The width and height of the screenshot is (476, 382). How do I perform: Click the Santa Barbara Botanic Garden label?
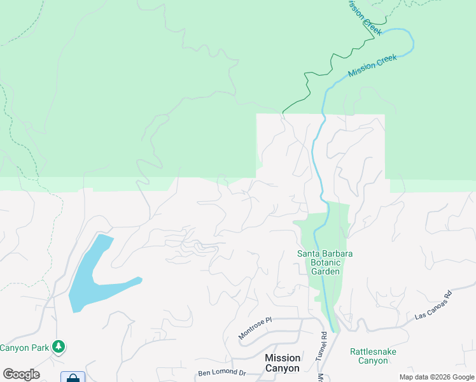coord(325,262)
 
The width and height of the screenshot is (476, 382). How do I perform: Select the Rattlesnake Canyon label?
coord(368,356)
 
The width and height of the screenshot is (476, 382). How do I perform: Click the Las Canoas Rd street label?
coord(433,306)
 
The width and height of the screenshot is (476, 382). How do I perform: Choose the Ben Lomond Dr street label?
coord(221,372)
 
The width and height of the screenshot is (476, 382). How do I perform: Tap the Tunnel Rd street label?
coord(323,344)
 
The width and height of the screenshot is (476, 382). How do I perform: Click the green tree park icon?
coord(59,347)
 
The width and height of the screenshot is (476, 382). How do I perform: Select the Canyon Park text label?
coord(24,348)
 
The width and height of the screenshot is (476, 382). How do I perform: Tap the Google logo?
coord(21,374)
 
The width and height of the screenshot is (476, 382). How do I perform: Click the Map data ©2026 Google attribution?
coord(436,377)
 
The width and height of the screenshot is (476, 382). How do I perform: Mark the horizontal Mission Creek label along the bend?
coord(372,66)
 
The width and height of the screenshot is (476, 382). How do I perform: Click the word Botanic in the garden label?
coord(325,262)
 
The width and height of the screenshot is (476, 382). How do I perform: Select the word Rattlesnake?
coord(368,351)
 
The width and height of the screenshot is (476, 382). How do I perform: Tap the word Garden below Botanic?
coord(325,271)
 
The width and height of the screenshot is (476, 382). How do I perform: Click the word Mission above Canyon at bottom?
coord(282,358)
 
